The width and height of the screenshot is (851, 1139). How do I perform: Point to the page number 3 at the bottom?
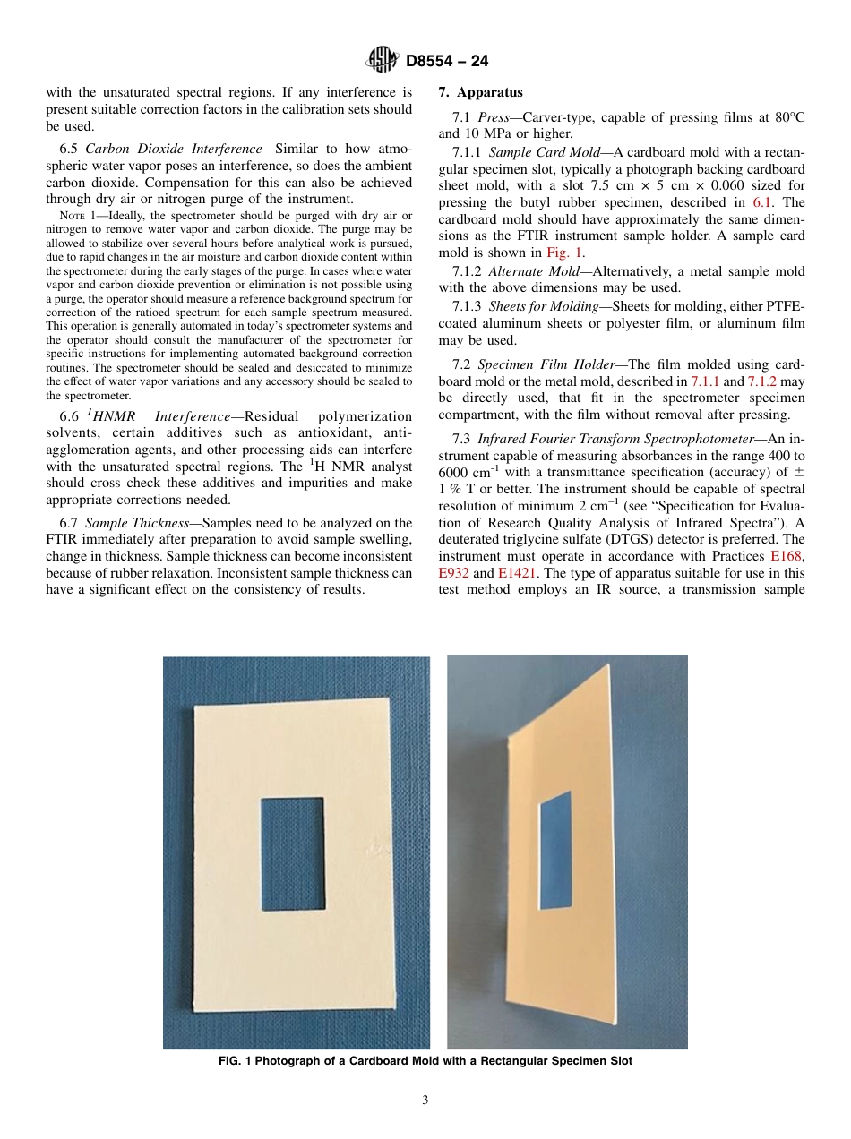[425, 1100]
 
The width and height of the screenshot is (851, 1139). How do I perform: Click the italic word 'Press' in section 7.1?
[493, 117]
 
